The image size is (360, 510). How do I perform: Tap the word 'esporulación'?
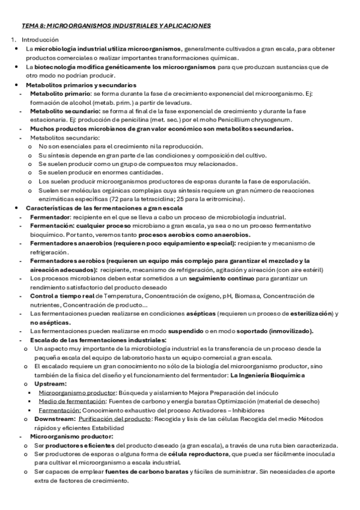tap(285, 180)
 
